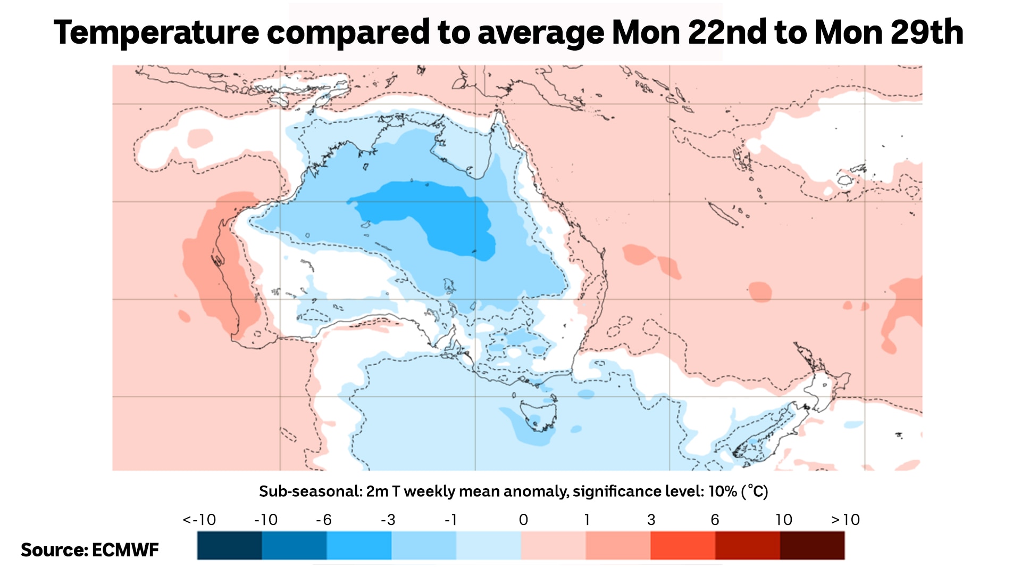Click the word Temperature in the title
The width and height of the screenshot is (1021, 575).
pyautogui.click(x=156, y=32)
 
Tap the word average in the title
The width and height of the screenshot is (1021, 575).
pyautogui.click(x=540, y=32)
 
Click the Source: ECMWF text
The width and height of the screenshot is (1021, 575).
pyautogui.click(x=90, y=550)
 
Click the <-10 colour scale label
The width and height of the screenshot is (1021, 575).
pyautogui.click(x=199, y=520)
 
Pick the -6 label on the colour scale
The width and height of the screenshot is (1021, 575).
pyautogui.click(x=323, y=520)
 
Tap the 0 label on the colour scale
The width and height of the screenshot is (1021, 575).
pyautogui.click(x=523, y=520)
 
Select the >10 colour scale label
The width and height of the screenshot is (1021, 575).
pyautogui.click(x=845, y=520)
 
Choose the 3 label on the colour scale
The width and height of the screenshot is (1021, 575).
pyautogui.click(x=651, y=520)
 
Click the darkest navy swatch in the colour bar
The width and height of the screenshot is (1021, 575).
pyautogui.click(x=229, y=545)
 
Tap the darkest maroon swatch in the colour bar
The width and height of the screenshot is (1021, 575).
pyautogui.click(x=812, y=545)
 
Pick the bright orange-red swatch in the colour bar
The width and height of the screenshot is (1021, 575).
pyautogui.click(x=683, y=545)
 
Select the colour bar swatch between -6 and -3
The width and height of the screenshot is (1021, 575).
pyautogui.click(x=359, y=545)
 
